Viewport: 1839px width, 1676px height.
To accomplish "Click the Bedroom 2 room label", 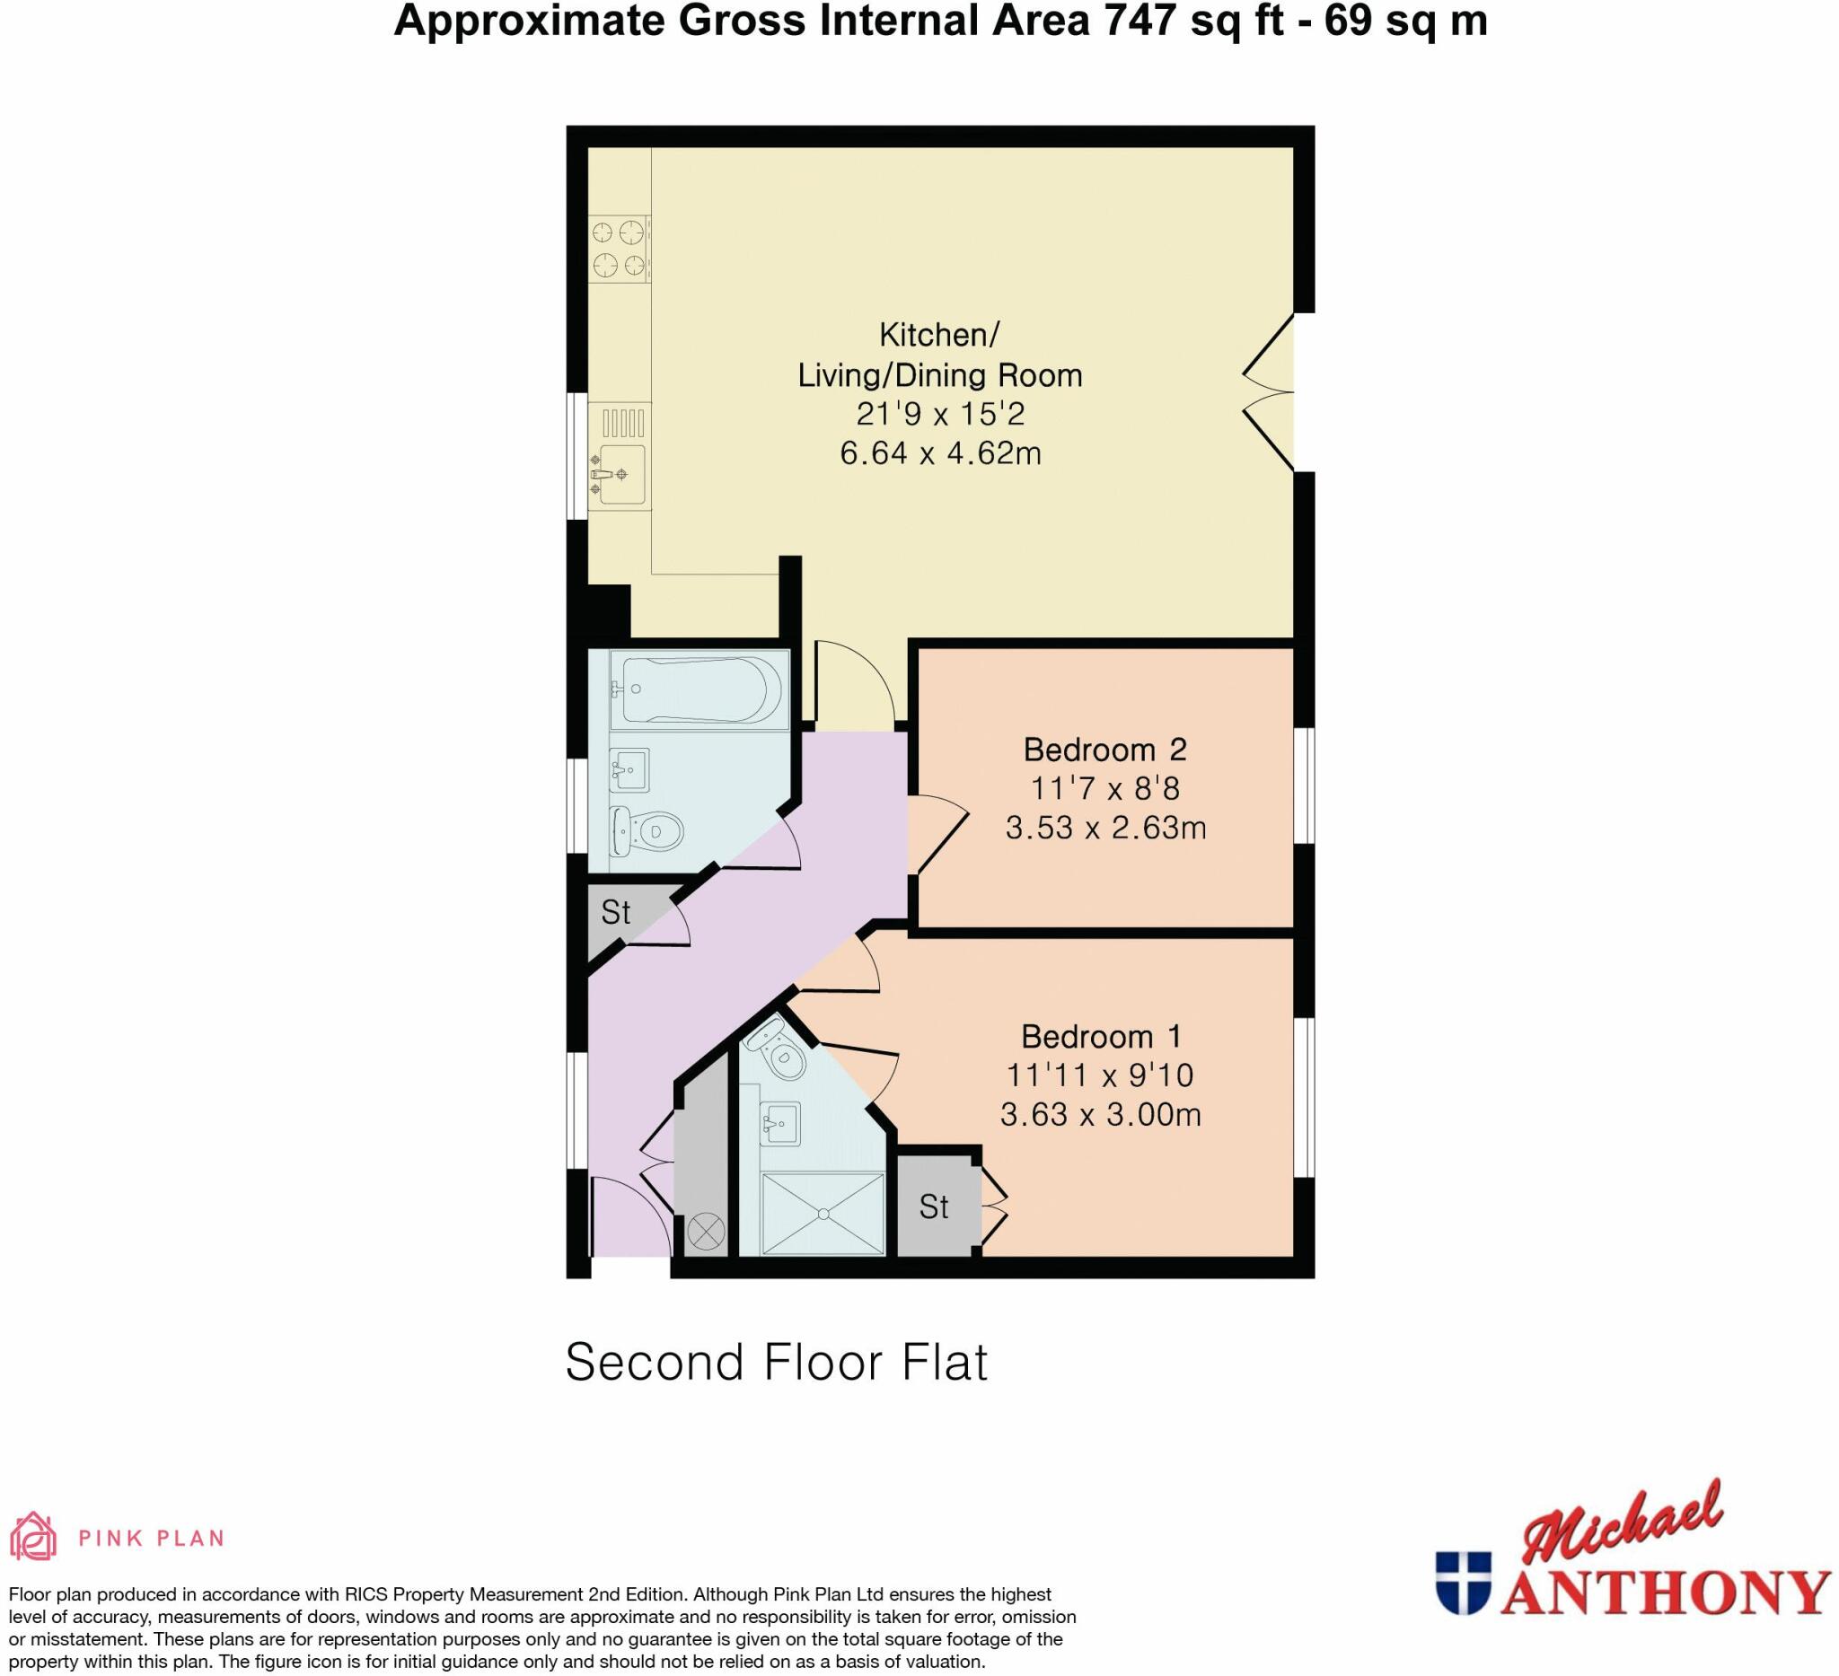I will click(x=1104, y=750).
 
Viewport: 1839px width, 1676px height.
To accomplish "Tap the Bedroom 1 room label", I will click(x=1101, y=1037).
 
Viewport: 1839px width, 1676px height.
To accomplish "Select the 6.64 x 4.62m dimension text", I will click(x=939, y=453).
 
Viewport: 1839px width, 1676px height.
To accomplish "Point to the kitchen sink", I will click(x=622, y=474).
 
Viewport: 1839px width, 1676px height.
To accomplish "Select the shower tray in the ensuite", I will click(x=823, y=1214).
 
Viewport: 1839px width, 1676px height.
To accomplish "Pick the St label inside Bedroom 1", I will click(x=933, y=1207).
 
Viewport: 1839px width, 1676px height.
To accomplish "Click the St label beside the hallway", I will click(x=616, y=912).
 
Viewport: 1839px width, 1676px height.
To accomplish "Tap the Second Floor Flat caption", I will click(x=777, y=1363).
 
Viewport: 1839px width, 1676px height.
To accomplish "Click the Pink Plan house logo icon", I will click(x=33, y=1537).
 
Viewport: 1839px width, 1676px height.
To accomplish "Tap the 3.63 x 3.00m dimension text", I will click(x=1100, y=1114).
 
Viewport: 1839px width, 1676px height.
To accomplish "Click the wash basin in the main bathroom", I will click(x=629, y=768).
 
